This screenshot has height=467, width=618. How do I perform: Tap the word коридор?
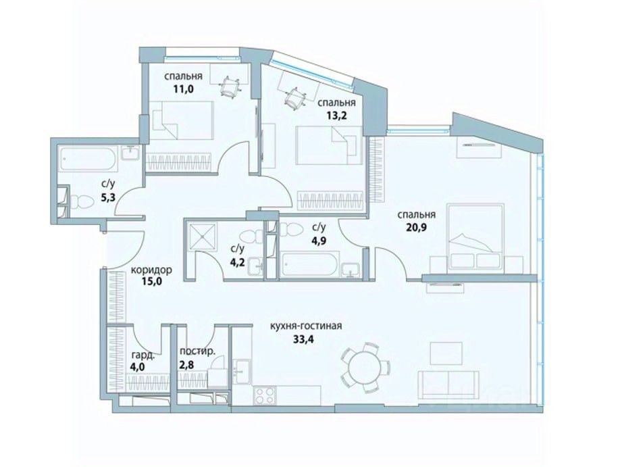coord(151,270)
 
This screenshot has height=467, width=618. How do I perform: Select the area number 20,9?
coord(416,228)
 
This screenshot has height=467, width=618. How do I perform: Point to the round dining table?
coord(365,368)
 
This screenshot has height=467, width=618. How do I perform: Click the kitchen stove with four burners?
coord(265,396)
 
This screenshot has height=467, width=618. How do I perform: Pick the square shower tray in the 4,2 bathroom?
coord(203,237)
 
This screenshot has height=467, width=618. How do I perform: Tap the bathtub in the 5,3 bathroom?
coord(88,159)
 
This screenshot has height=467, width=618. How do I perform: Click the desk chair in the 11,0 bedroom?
coord(230,87)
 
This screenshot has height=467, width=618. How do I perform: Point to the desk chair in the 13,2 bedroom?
coord(295,97)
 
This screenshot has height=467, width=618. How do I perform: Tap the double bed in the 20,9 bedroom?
coord(475,237)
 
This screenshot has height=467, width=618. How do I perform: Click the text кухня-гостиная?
coord(305,326)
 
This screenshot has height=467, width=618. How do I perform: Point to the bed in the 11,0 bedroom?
coord(181,120)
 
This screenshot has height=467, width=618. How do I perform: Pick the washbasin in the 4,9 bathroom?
coord(351,270)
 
